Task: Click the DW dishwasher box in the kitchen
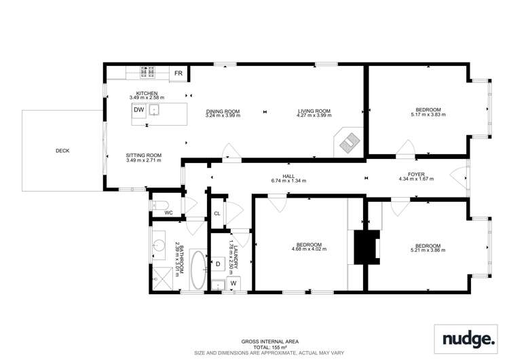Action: click(138, 109)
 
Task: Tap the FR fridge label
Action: click(178, 73)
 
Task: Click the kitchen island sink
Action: click(155, 109)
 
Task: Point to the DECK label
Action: click(62, 151)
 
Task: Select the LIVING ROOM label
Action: click(314, 111)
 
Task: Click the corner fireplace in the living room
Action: click(350, 142)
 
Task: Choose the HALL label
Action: click(288, 176)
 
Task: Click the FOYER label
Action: click(415, 175)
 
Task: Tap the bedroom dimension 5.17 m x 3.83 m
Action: click(428, 115)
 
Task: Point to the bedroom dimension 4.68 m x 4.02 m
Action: click(309, 249)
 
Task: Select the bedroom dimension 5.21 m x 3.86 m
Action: click(428, 250)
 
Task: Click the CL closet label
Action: click(217, 213)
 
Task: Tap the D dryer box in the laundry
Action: click(218, 264)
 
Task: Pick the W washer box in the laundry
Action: click(233, 282)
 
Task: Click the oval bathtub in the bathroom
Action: click(198, 270)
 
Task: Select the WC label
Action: click(169, 213)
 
